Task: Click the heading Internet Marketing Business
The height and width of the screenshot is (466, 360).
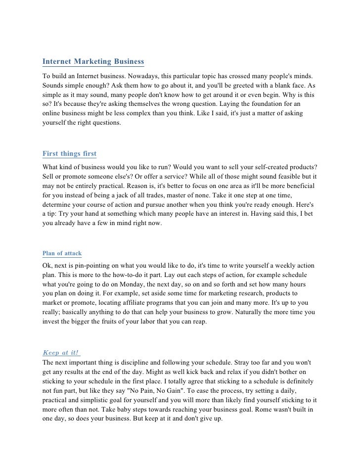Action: (93, 62)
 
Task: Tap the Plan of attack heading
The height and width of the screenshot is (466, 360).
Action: (62, 253)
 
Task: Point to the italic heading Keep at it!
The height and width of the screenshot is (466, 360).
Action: (61, 353)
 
